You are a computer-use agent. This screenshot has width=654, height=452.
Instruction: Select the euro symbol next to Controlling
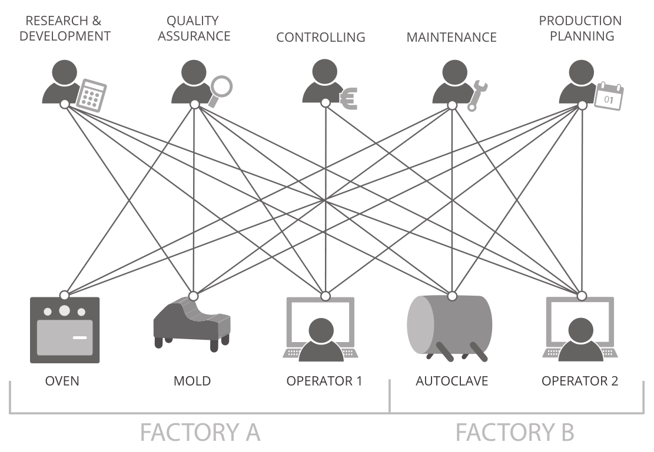(348, 99)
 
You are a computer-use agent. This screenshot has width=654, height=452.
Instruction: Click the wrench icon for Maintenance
(477, 95)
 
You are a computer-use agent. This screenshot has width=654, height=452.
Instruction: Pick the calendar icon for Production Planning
(609, 96)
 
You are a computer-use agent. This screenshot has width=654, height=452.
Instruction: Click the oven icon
(65, 330)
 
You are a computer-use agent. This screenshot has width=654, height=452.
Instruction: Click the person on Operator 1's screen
(321, 340)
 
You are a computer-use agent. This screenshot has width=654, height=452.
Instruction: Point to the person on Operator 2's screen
(580, 340)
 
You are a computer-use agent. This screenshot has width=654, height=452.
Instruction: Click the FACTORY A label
(200, 432)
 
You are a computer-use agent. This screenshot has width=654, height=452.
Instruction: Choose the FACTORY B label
(514, 432)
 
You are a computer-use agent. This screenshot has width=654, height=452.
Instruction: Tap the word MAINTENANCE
(452, 38)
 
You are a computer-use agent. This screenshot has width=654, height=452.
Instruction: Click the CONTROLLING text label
(321, 38)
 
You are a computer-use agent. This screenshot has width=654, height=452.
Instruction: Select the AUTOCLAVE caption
(452, 381)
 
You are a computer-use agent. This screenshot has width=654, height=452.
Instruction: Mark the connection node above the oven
(65, 294)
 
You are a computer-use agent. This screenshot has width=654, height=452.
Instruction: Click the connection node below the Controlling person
(325, 103)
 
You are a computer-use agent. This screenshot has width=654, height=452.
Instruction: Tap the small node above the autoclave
(453, 294)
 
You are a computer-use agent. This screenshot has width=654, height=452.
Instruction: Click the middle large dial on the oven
(65, 310)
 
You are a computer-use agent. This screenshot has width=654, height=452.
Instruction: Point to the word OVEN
(62, 381)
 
